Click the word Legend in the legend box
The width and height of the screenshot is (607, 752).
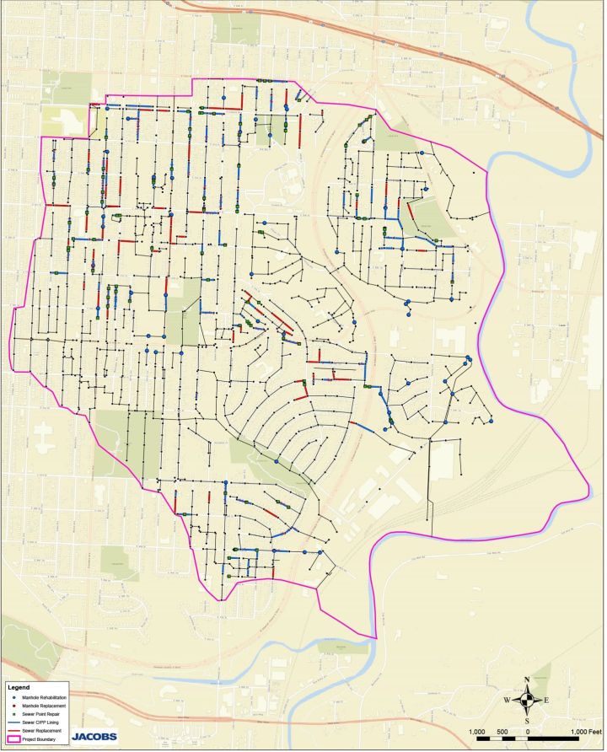19,686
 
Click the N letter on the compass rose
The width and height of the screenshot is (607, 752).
527,679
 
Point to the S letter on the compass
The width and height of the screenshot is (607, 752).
527,721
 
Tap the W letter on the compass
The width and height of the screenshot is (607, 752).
507,700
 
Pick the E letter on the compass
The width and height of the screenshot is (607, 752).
546,700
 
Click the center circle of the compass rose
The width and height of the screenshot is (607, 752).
527,700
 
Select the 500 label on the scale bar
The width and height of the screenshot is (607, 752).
502,731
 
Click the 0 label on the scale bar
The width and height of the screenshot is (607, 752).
527,731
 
